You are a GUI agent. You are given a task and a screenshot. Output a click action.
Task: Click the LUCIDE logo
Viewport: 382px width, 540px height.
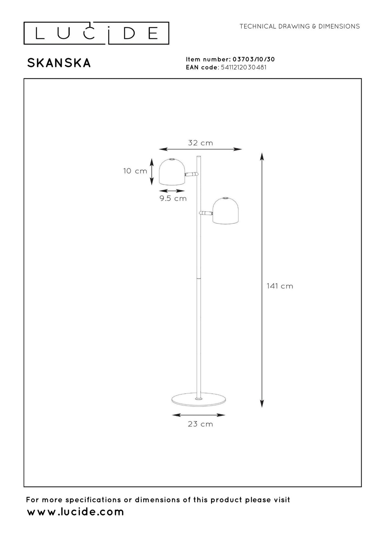[x=96, y=33]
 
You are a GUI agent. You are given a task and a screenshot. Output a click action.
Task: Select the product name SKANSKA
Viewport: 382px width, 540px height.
[x=59, y=63]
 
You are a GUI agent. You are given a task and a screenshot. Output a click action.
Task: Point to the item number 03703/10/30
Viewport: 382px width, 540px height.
[x=254, y=59]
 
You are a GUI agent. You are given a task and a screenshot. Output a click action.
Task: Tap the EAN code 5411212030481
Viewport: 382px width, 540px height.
[x=244, y=67]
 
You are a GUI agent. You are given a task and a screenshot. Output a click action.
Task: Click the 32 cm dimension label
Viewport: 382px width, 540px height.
[x=201, y=143]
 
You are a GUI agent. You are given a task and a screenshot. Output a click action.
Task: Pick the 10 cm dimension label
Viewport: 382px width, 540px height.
[x=135, y=171]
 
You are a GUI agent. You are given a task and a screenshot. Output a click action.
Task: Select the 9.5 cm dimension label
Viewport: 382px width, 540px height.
[x=173, y=198]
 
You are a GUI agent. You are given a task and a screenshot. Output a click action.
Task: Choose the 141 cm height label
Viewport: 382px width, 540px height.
[x=280, y=286]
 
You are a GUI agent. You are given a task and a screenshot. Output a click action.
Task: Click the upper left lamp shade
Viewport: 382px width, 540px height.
[x=172, y=172]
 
